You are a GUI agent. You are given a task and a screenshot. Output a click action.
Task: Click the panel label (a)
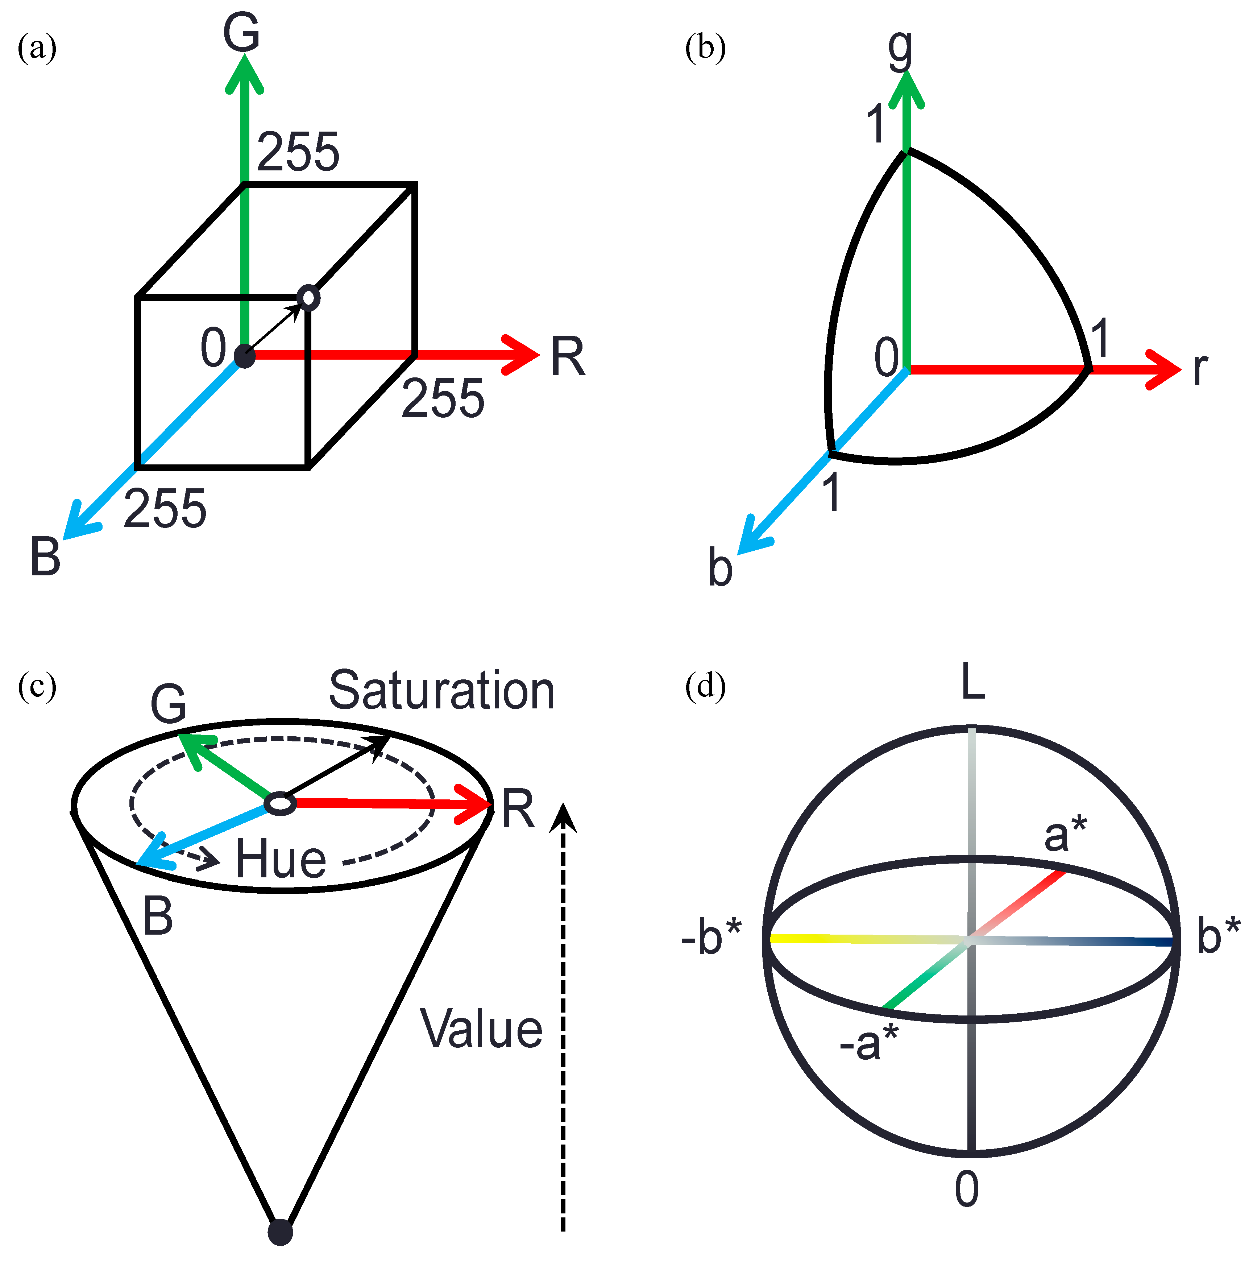point(37,48)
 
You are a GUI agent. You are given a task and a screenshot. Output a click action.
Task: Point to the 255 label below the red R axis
point(443,398)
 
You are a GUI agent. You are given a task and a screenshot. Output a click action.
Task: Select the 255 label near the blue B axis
point(165,508)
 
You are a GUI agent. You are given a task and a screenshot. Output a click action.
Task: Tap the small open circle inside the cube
point(309,298)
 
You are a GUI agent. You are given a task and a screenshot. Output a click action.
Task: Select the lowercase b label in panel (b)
point(720,567)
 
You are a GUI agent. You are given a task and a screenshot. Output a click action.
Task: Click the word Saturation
point(441,690)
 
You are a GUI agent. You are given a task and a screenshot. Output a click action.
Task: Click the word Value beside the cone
point(481,1030)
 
